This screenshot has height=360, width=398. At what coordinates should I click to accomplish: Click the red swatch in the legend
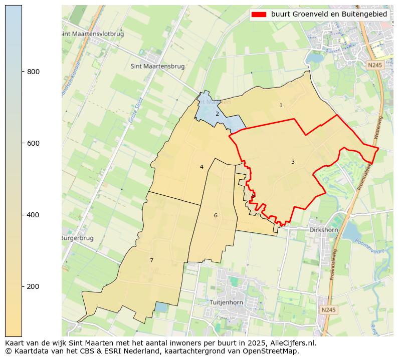pos(259,15)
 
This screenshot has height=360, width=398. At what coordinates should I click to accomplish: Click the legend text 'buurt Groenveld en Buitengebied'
pos(329,15)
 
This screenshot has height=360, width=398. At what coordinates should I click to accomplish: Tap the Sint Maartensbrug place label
pos(157,66)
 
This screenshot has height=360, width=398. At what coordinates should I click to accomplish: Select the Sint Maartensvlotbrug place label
pos(92,34)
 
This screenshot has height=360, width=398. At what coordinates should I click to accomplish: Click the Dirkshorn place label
pos(323,230)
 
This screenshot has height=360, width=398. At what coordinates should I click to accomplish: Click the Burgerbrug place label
pos(77,238)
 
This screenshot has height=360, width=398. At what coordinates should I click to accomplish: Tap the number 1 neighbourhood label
pos(281,105)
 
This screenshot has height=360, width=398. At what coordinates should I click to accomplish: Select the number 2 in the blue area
pos(217,114)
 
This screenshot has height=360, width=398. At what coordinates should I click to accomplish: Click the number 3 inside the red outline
pos(293,162)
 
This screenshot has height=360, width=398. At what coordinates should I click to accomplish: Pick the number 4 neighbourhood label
pos(202,167)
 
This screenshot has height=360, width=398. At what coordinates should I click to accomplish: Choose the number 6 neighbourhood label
pos(216,215)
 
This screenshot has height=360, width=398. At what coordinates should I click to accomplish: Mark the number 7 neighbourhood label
pos(151,260)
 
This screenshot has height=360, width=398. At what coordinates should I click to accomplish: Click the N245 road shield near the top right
pos(373,65)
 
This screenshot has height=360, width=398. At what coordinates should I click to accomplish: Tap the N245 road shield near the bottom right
pos(328,310)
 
